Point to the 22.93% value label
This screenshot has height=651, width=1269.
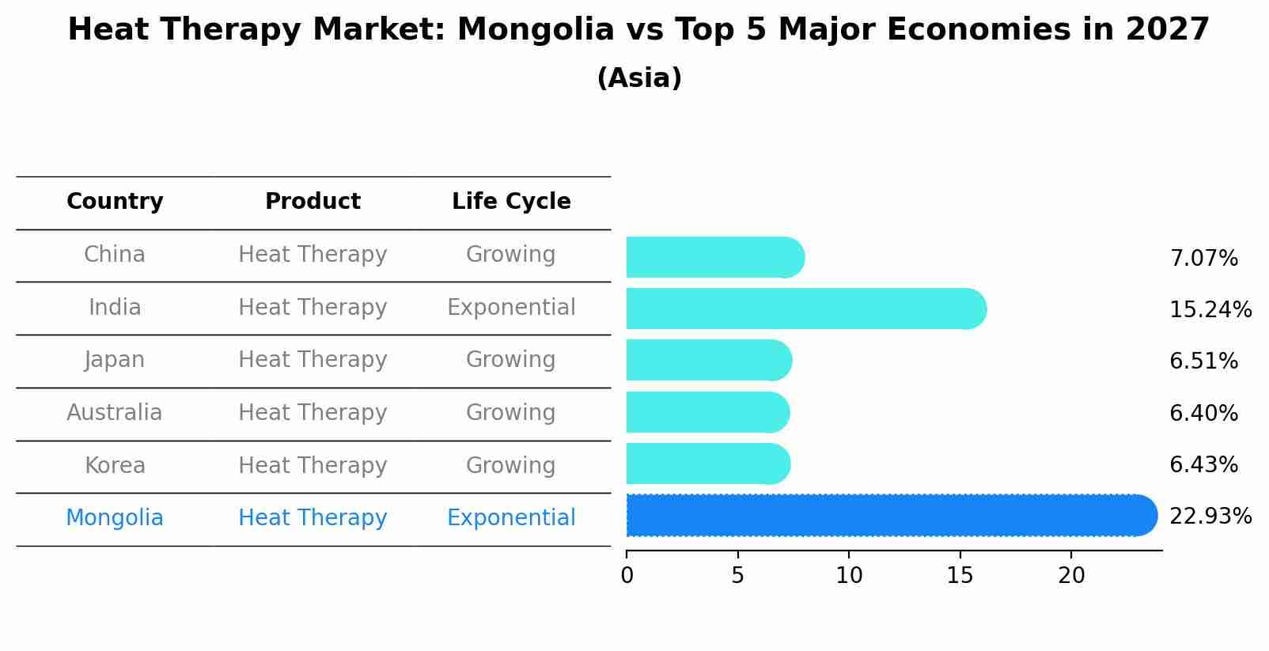(x=1210, y=517)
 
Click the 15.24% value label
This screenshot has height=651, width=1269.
(x=1210, y=309)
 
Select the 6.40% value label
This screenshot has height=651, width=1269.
(x=1203, y=413)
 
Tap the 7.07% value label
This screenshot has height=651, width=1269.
(x=1203, y=259)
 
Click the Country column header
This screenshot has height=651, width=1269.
(x=115, y=202)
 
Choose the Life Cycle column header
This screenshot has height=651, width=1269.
(x=511, y=202)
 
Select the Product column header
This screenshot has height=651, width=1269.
(x=313, y=202)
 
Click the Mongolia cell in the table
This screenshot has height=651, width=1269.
(x=115, y=518)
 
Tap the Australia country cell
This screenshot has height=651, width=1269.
(x=115, y=413)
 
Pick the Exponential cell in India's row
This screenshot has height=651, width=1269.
(x=511, y=308)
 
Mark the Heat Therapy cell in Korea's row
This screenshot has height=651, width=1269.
(x=313, y=466)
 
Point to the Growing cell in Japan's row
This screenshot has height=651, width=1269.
(x=511, y=360)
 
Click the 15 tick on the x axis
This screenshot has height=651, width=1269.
(x=960, y=576)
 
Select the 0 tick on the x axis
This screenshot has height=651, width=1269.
(x=627, y=576)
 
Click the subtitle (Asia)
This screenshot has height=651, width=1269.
(x=639, y=78)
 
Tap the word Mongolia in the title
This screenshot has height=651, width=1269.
(x=535, y=30)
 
